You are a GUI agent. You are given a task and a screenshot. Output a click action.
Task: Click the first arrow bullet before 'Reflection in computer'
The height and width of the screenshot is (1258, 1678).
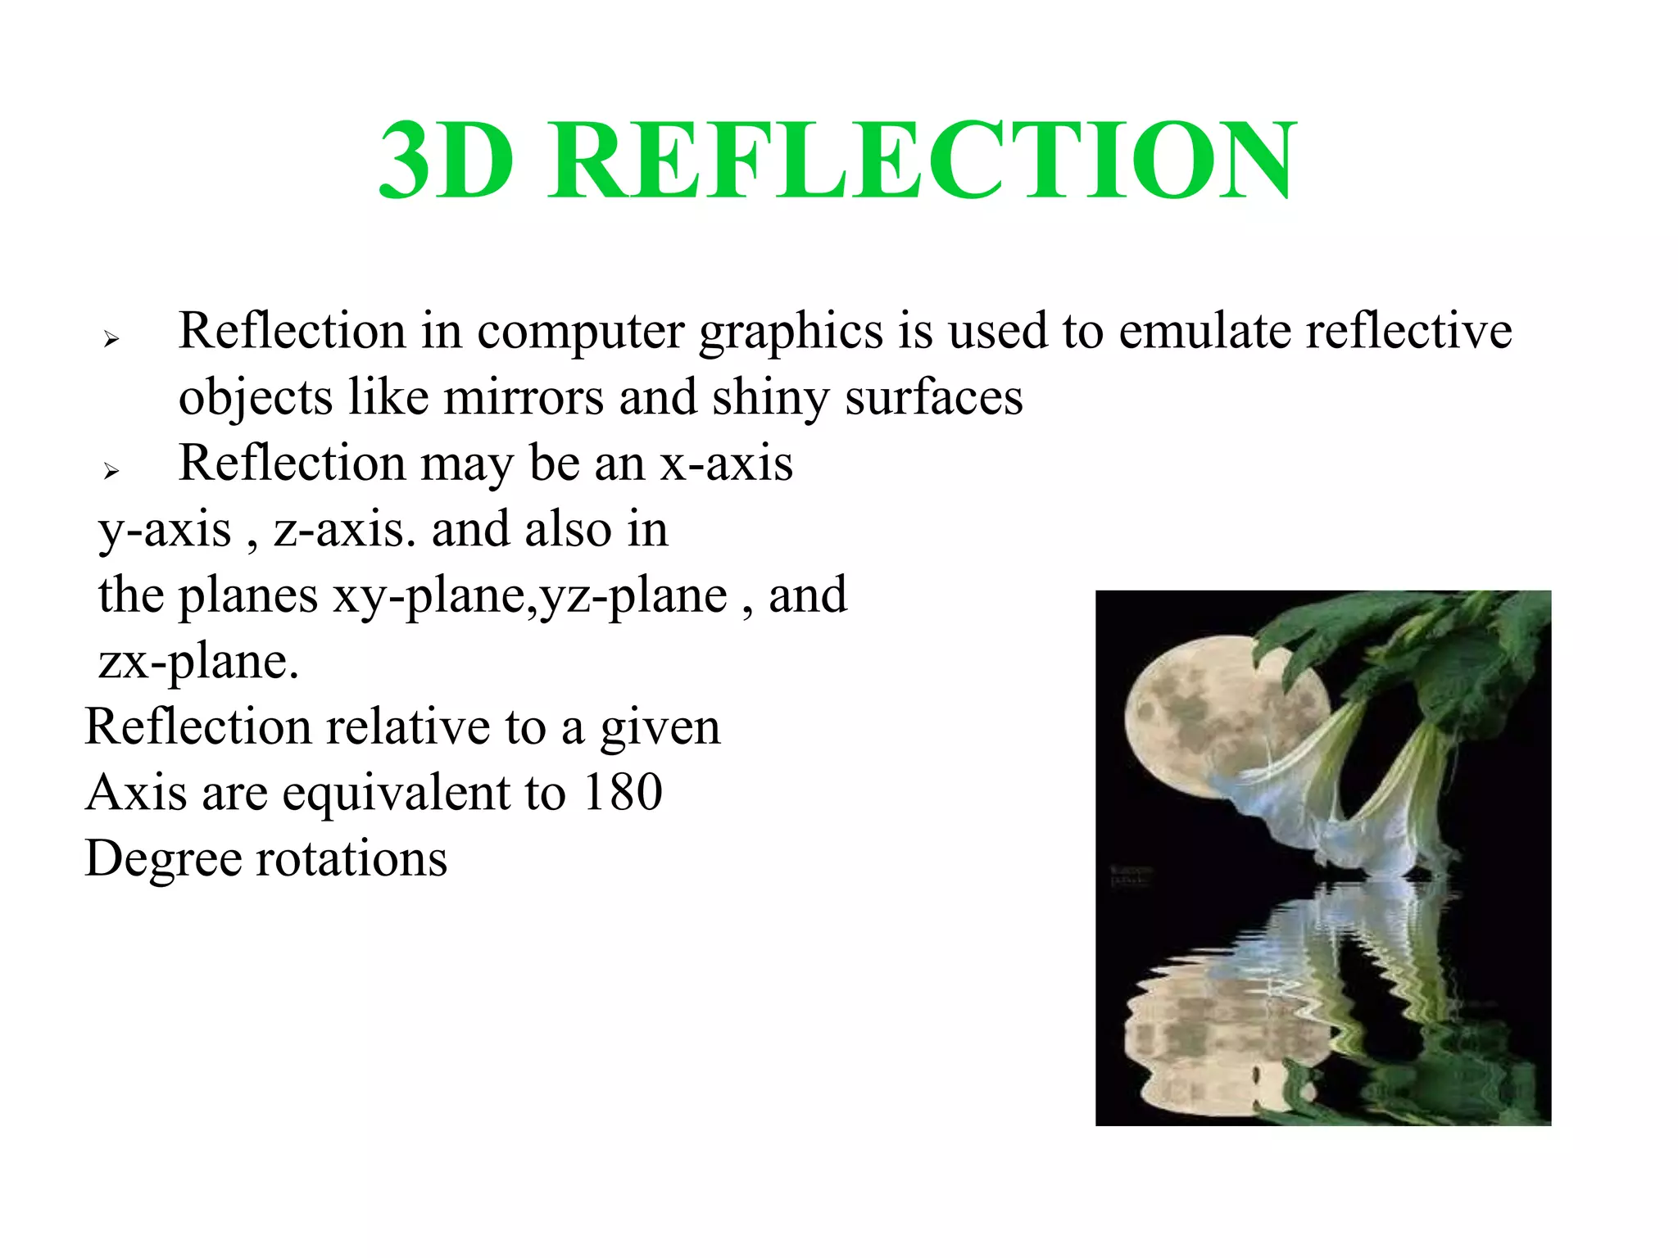tap(111, 338)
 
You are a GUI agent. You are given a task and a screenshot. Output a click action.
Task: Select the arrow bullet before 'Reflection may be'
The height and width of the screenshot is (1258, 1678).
tap(111, 470)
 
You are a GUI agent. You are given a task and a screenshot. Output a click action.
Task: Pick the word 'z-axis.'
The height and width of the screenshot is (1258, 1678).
tap(345, 530)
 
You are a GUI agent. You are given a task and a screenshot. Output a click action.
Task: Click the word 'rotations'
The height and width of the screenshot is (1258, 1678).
tap(352, 859)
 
